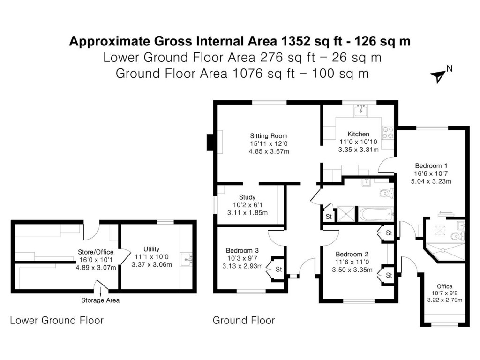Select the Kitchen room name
click(x=358, y=134)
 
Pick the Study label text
click(x=247, y=197)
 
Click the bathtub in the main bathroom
click(x=375, y=215)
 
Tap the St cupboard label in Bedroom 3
click(x=278, y=269)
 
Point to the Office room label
click(x=444, y=286)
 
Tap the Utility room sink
click(x=188, y=258)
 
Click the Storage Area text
click(x=100, y=300)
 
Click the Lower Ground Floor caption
click(x=57, y=321)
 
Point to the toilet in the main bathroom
click(x=385, y=193)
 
